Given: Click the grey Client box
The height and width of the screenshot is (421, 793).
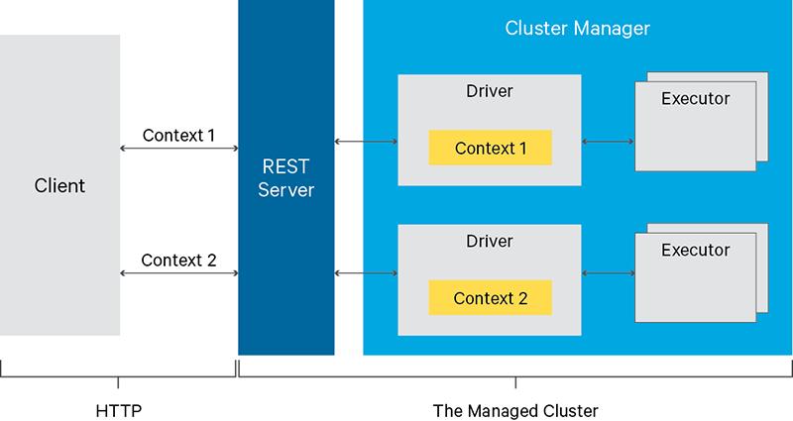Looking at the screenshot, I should [x=60, y=185].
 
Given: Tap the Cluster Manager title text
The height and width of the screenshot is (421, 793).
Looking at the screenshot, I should [x=577, y=29].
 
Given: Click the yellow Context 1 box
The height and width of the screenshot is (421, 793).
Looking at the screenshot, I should [x=490, y=148].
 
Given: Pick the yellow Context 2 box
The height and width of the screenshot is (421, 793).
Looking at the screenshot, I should [x=490, y=297].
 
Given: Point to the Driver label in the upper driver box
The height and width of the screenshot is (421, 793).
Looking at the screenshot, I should [x=490, y=93].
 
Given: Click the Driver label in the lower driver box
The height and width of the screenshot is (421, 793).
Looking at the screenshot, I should [x=490, y=241].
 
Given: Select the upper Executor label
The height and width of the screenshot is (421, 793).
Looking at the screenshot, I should [x=695, y=99].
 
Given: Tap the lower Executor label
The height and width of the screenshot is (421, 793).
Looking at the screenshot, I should [x=695, y=249].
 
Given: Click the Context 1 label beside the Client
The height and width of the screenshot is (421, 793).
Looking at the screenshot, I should [x=178, y=134].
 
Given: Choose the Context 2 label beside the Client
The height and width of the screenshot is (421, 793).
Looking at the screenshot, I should [x=178, y=261].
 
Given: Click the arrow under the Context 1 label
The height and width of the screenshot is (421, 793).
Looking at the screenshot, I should [x=178, y=149].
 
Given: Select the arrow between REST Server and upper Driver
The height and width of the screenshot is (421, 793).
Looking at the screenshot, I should [x=366, y=143].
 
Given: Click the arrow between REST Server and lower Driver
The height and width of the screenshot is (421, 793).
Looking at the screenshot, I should [x=366, y=271].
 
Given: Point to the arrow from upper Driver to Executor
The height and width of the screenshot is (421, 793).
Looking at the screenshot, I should [x=608, y=143].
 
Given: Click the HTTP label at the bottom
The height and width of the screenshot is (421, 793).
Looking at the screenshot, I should [x=118, y=408].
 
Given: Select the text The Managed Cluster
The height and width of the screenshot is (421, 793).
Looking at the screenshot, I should [x=515, y=408].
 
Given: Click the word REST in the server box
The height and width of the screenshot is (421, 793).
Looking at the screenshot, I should [x=285, y=167].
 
